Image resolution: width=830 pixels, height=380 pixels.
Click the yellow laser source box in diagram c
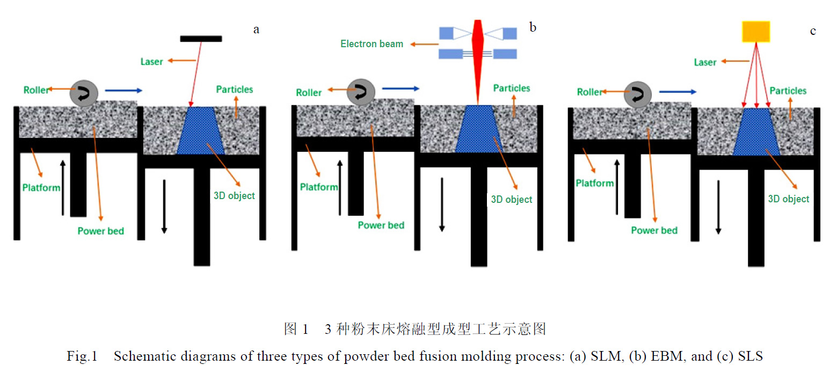click(756, 31)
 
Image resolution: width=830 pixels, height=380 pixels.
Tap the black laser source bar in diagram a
click(201, 38)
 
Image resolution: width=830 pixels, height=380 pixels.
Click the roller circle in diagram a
click(84, 94)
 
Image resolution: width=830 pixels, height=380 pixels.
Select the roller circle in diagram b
click(361, 92)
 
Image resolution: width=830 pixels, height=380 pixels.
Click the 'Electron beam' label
click(372, 44)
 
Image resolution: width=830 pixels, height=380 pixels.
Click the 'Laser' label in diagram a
click(151, 62)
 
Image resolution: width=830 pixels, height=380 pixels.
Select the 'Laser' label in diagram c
click(705, 62)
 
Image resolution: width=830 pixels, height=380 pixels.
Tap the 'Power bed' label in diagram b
click(381, 225)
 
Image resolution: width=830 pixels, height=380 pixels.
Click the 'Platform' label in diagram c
click(594, 183)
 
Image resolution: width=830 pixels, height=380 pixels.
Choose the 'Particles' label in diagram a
click(235, 89)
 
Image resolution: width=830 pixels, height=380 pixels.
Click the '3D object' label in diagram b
click(511, 200)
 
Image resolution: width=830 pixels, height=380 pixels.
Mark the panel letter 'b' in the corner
click(533, 27)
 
